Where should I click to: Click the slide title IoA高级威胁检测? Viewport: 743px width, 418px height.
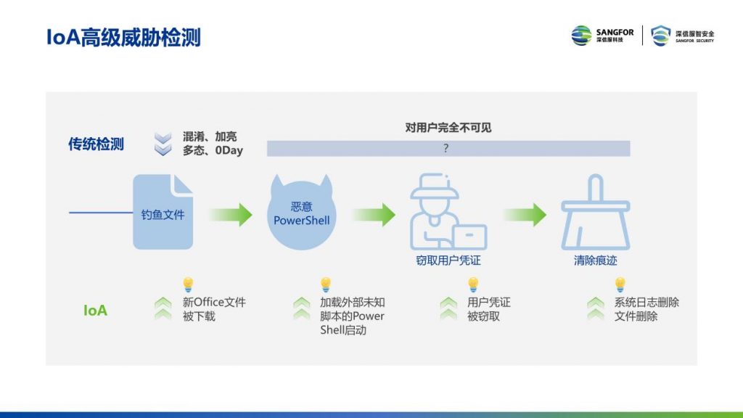click(123, 38)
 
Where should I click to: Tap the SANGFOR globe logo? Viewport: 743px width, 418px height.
click(581, 36)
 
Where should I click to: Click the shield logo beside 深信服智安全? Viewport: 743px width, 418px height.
click(660, 36)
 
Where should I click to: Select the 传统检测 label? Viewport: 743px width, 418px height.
click(96, 144)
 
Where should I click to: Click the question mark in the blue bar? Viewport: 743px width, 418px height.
click(446, 148)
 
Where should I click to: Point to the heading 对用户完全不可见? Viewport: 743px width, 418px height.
click(448, 128)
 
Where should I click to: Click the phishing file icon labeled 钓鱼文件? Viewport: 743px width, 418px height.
click(163, 212)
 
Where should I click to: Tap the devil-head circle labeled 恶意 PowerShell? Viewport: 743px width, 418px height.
click(301, 213)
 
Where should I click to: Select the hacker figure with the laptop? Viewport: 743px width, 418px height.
click(448, 212)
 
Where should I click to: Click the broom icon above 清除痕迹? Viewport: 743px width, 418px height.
click(595, 212)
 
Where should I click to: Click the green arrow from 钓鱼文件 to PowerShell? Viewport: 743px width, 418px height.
click(230, 215)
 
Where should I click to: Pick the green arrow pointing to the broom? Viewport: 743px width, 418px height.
click(525, 215)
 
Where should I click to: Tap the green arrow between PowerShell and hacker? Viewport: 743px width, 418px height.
click(374, 215)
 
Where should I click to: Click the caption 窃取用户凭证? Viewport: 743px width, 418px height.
click(448, 261)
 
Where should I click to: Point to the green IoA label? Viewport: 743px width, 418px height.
click(95, 311)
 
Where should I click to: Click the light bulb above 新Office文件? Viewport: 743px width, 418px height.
click(188, 284)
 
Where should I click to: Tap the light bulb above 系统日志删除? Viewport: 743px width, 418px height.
click(620, 284)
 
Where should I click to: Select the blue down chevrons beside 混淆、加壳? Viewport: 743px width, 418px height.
click(163, 144)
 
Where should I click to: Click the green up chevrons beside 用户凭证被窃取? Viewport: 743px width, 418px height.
click(448, 308)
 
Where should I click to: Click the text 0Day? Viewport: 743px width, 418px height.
click(229, 150)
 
